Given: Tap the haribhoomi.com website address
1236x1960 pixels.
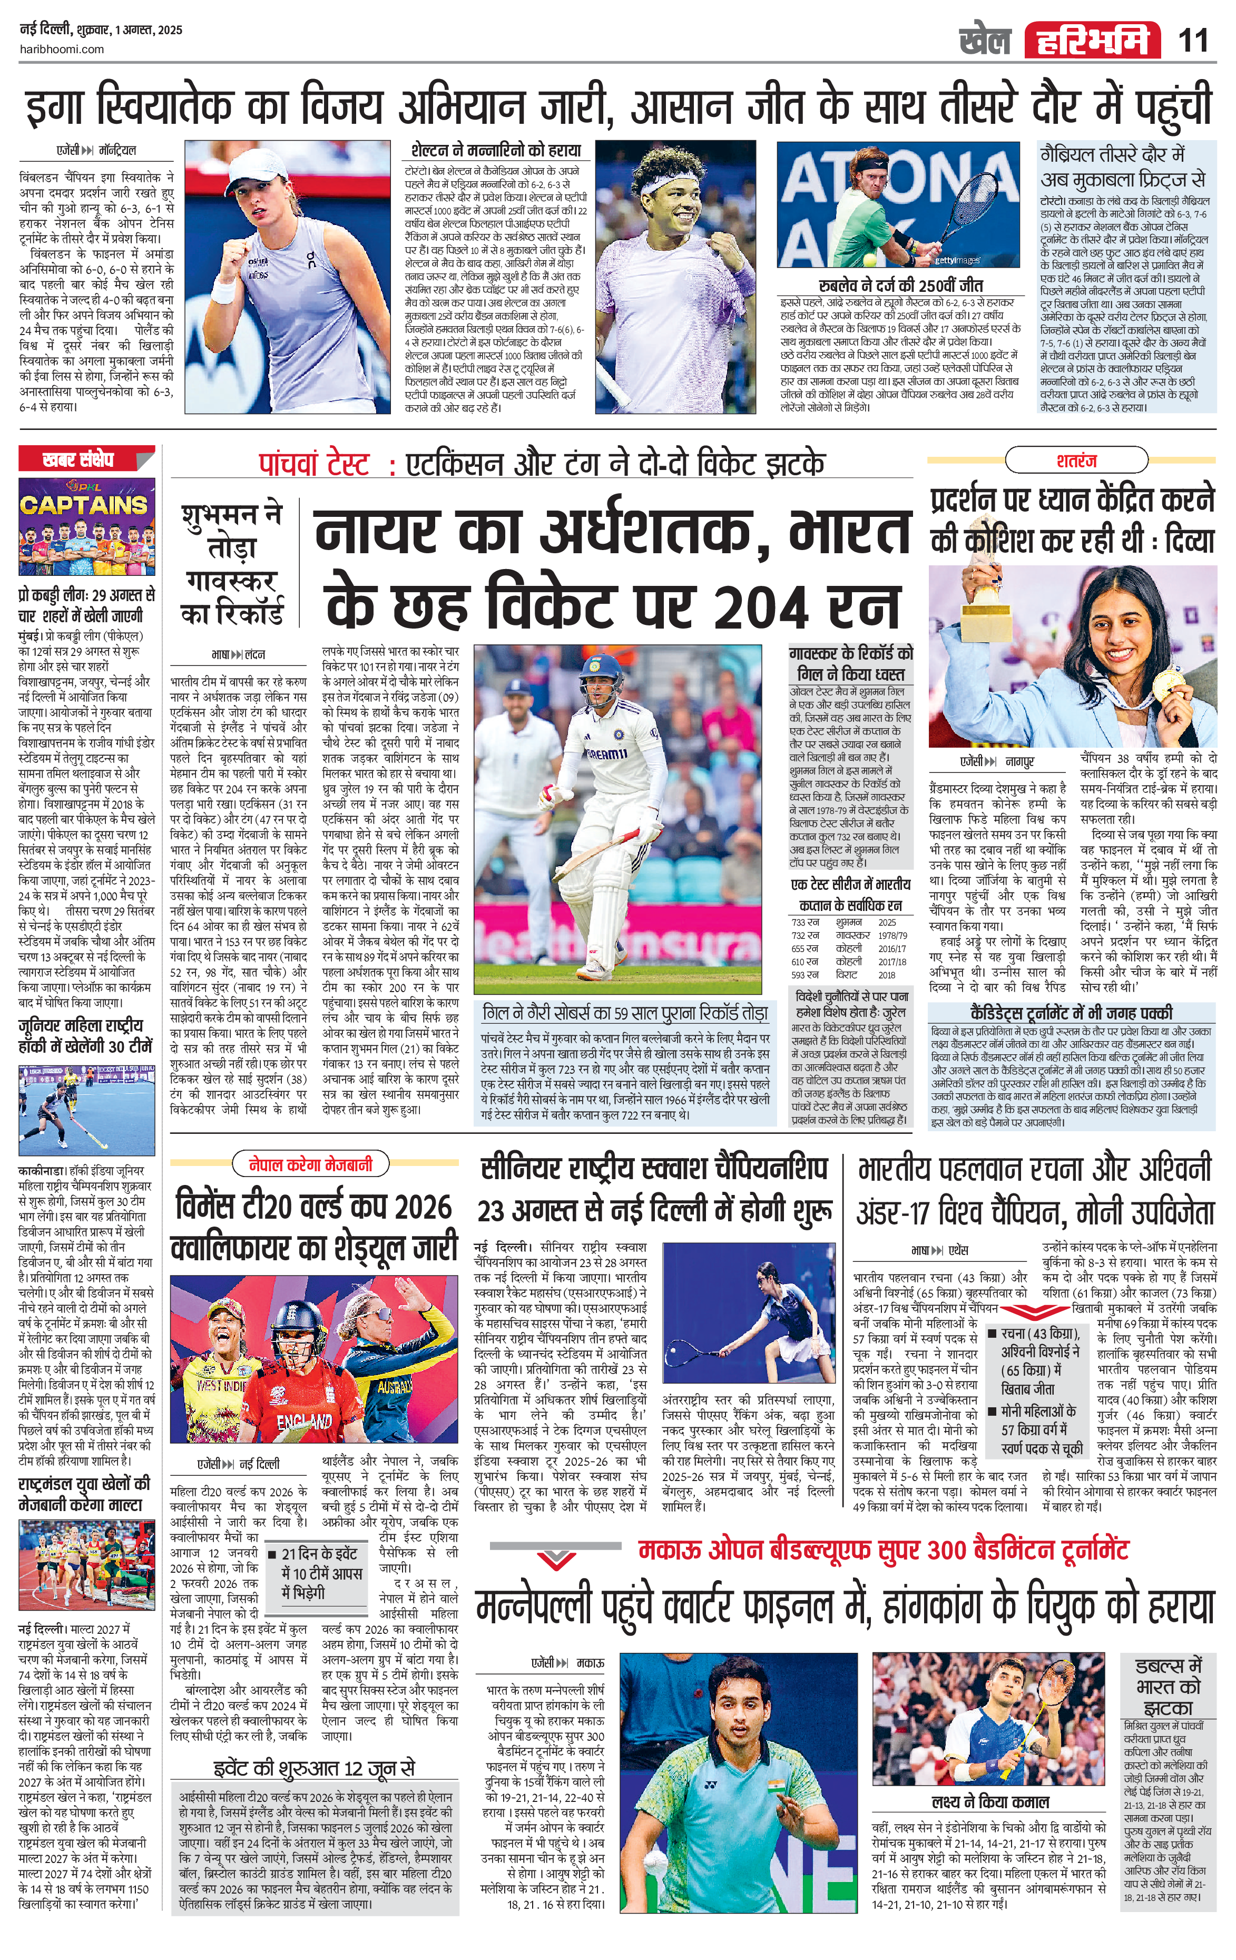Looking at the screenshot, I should tap(61, 49).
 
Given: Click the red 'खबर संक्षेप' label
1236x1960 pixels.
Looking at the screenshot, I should tap(78, 460).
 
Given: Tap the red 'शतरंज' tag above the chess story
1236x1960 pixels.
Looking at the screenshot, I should tap(1076, 460).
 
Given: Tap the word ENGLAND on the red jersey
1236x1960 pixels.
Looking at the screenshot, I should tap(303, 1422).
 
